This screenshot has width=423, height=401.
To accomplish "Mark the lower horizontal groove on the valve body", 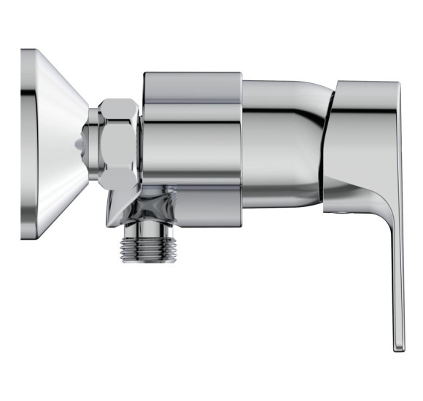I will (191, 187).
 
